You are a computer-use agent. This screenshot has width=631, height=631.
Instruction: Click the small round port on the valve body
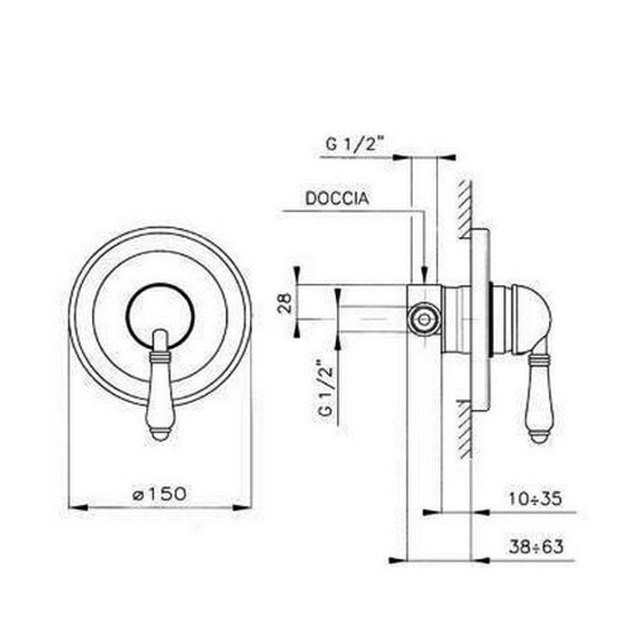pos(421,317)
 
